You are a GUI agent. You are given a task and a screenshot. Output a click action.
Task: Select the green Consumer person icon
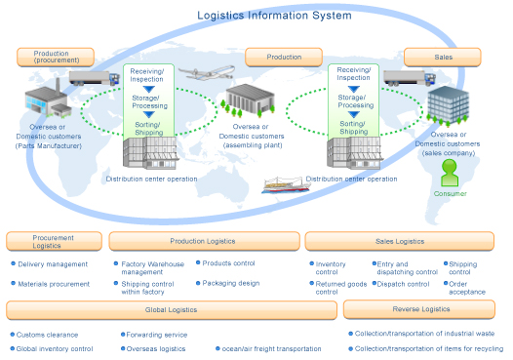(x=449, y=174)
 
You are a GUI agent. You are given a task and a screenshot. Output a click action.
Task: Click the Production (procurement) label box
(x=56, y=57)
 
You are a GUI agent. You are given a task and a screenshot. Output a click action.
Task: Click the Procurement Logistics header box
(x=54, y=241)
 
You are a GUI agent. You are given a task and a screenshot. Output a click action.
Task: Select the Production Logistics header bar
(x=202, y=241)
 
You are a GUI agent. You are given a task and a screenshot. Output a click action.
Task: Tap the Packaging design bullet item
(x=230, y=284)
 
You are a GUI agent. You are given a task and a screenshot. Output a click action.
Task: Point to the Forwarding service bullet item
(x=159, y=334)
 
